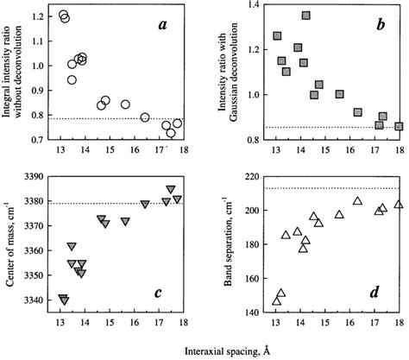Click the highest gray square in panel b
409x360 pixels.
306,16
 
